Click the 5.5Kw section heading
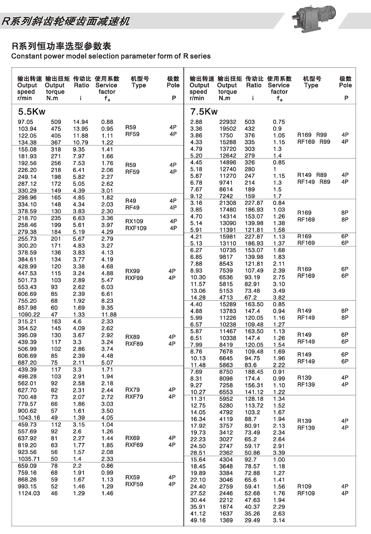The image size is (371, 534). pyautogui.click(x=32, y=112)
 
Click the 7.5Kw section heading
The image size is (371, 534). pyautogui.click(x=204, y=112)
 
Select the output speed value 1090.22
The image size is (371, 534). pyautogui.click(x=29, y=314)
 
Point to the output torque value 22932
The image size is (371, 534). pyautogui.click(x=228, y=122)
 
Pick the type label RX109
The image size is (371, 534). pyautogui.click(x=134, y=221)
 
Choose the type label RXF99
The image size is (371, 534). pyautogui.click(x=134, y=278)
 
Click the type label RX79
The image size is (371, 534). pyautogui.click(x=133, y=390)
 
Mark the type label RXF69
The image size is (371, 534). pyautogui.click(x=134, y=445)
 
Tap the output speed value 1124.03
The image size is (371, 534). pyautogui.click(x=29, y=493)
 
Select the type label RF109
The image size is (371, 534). pyautogui.click(x=306, y=493)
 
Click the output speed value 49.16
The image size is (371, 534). pyautogui.click(x=198, y=520)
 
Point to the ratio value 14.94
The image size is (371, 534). pyautogui.click(x=81, y=122)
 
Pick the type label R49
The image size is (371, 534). pyautogui.click(x=131, y=201)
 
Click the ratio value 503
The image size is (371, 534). pyautogui.click(x=250, y=122)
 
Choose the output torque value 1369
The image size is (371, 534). pyautogui.click(x=226, y=520)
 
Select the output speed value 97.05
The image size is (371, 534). pyautogui.click(x=26, y=122)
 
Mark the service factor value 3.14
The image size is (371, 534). pyautogui.click(x=279, y=520)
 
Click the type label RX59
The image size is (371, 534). pyautogui.click(x=133, y=477)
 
